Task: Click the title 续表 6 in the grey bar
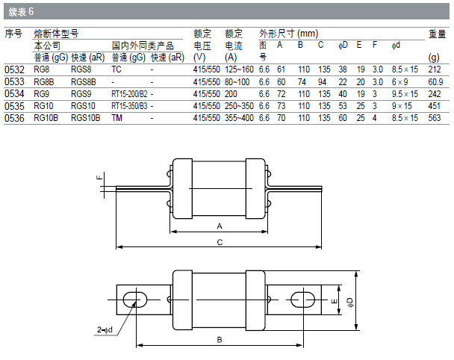tap(21, 12)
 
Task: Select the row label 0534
tap(14, 94)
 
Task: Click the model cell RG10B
tap(46, 118)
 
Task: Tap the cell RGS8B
tap(84, 82)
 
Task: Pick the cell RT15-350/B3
tap(129, 106)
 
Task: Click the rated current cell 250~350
tap(239, 106)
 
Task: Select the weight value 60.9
tap(435, 82)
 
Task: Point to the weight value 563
tap(435, 118)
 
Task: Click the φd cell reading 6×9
tap(399, 82)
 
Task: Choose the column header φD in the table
tap(343, 45)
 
